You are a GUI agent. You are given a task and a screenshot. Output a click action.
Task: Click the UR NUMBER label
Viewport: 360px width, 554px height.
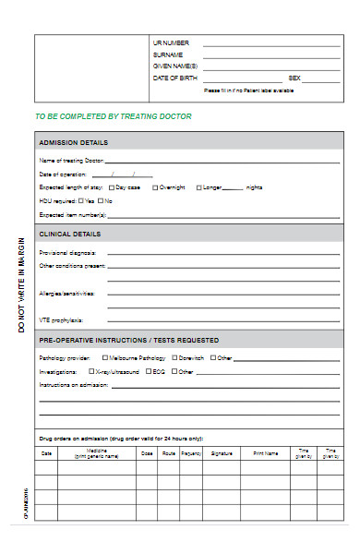point(171,42)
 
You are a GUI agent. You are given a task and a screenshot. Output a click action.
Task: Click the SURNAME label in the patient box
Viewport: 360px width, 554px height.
point(168,54)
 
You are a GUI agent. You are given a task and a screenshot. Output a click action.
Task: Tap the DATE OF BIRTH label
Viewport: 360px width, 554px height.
point(174,78)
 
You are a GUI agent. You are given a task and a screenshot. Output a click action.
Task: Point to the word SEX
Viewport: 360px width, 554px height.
point(294,78)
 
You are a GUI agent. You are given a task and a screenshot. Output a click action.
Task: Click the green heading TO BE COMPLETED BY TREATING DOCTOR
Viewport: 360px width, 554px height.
point(113,116)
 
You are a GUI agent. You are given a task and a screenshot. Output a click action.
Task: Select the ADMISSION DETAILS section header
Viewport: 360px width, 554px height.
point(73,142)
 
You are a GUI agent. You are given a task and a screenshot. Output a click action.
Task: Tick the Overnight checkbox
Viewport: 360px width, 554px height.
point(155,187)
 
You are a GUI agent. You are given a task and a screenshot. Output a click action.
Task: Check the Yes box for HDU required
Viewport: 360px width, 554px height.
point(81,200)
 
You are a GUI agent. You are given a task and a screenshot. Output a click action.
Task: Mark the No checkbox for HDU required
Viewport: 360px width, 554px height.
point(101,200)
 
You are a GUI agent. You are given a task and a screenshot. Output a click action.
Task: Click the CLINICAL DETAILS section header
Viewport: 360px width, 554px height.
point(70,234)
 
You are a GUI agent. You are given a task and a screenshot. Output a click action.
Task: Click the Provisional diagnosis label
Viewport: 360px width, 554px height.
point(67,252)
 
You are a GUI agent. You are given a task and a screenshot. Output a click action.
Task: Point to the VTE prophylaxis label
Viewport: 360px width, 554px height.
point(60,319)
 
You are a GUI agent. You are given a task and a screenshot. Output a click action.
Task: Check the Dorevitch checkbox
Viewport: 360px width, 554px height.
point(174,357)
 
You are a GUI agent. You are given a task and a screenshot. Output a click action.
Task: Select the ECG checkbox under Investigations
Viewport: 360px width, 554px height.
point(148,371)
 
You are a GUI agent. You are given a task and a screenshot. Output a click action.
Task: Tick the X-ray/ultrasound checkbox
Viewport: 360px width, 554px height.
point(90,371)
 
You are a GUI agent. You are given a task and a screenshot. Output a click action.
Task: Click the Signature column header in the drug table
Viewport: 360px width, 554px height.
point(222,453)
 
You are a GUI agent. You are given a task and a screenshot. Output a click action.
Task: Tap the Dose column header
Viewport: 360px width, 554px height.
point(147,453)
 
